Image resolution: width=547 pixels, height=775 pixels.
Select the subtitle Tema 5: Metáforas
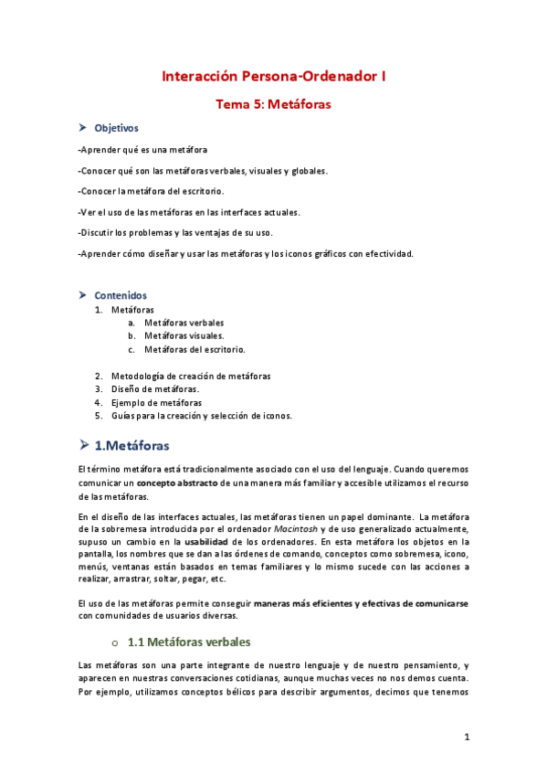pyautogui.click(x=273, y=104)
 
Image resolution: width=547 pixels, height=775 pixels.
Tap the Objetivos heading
pyautogui.click(x=117, y=128)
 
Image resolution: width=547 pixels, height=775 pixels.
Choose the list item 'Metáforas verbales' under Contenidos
pyautogui.click(x=184, y=323)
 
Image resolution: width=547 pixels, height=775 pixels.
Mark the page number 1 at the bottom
pyautogui.click(x=466, y=737)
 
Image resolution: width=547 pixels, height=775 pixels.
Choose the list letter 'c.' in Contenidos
pyautogui.click(x=131, y=349)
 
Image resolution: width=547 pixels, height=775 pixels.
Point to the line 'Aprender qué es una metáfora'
pyautogui.click(x=143, y=149)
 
